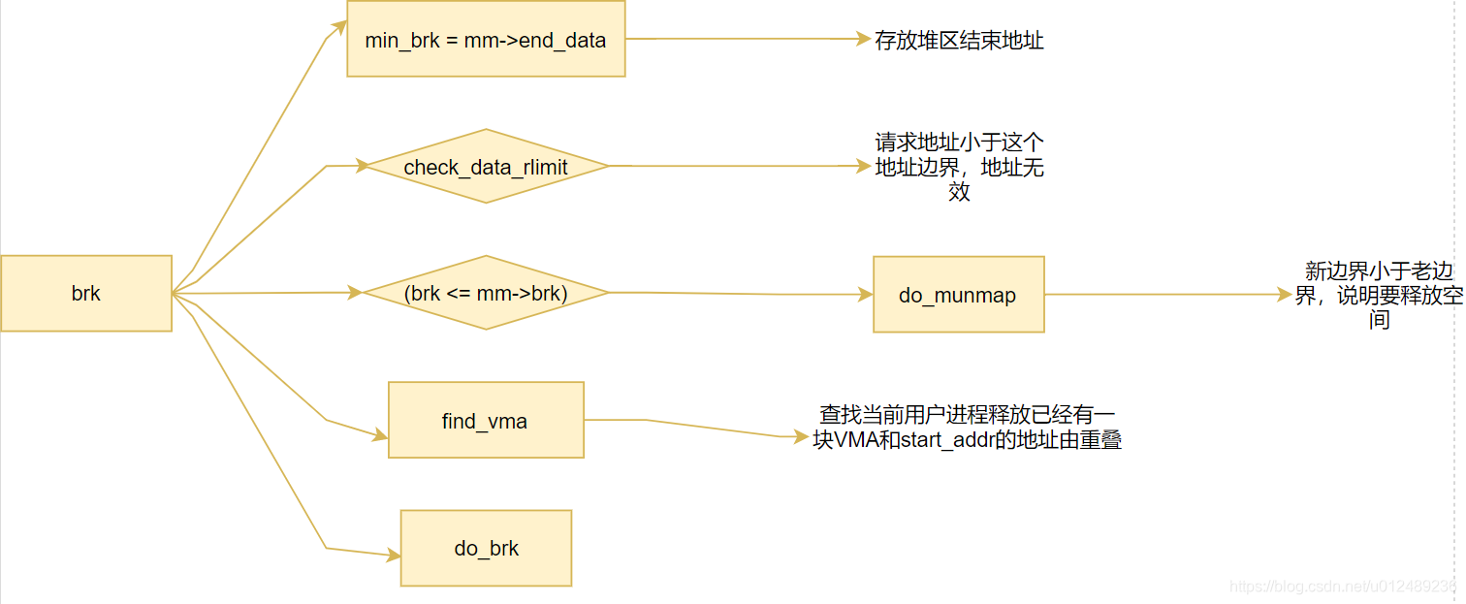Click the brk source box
click(x=86, y=293)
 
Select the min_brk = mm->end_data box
click(x=487, y=39)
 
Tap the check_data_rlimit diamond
click(x=487, y=166)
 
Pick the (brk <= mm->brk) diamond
click(x=487, y=293)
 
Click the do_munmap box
click(x=959, y=295)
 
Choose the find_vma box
click(x=487, y=420)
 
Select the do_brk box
click(x=487, y=549)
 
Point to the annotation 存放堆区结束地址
click(x=959, y=41)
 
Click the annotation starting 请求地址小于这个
click(x=960, y=167)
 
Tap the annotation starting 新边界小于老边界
click(x=1379, y=295)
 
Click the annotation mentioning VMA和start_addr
click(x=968, y=427)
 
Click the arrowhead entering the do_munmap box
click(x=865, y=295)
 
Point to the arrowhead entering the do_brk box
click(x=394, y=556)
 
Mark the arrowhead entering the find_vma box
click(x=381, y=434)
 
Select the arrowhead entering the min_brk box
click(x=339, y=27)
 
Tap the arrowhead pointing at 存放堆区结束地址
click(x=863, y=39)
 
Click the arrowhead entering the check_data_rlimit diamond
click(x=362, y=165)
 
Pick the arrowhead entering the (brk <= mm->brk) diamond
click(x=356, y=293)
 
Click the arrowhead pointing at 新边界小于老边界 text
click(x=1285, y=295)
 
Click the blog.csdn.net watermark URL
click(x=1346, y=587)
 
